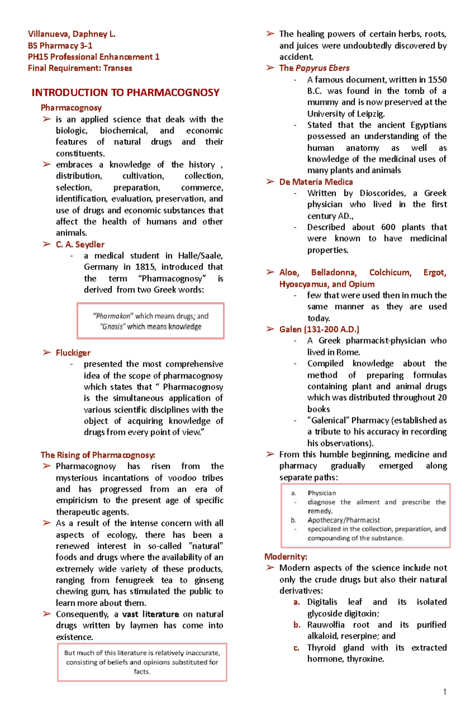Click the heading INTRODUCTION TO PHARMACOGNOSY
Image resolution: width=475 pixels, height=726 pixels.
click(x=125, y=93)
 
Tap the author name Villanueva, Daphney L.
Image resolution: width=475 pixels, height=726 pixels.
click(x=72, y=34)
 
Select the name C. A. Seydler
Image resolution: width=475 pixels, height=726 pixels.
click(x=80, y=245)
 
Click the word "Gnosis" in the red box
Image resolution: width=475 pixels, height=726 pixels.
click(x=112, y=327)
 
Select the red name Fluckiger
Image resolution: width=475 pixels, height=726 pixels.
click(x=73, y=353)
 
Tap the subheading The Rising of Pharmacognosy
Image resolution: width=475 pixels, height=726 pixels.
click(x=98, y=455)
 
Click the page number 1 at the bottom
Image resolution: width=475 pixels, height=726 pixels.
click(x=445, y=692)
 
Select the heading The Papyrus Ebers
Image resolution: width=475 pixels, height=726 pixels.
click(x=314, y=68)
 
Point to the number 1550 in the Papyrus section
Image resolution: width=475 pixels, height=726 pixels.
click(x=437, y=80)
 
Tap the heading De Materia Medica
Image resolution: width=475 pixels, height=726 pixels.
click(x=316, y=182)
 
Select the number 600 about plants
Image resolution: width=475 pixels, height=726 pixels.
click(x=388, y=227)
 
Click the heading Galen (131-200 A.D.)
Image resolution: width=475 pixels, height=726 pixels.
click(x=319, y=330)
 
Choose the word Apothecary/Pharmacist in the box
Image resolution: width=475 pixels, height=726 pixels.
click(x=344, y=520)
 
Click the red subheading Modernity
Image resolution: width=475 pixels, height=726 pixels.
click(x=285, y=557)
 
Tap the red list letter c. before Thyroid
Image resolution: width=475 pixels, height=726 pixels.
click(x=296, y=648)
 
